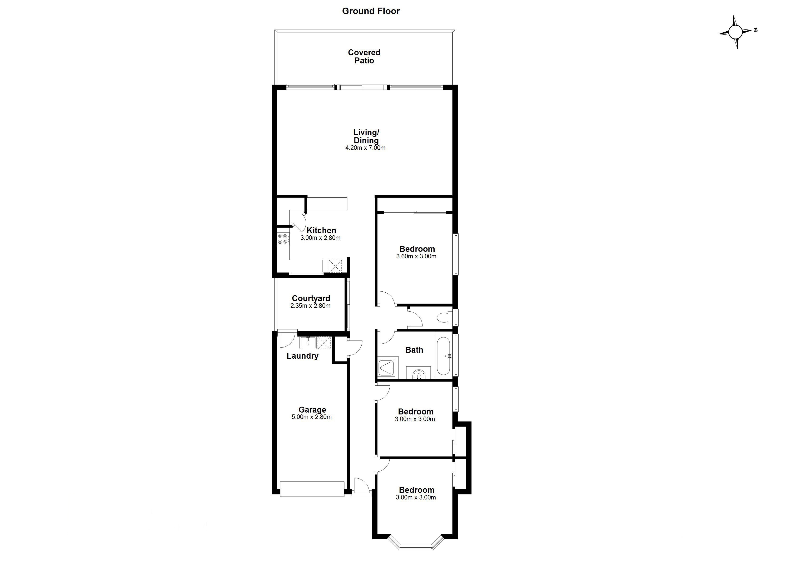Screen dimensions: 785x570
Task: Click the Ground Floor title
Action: [371, 11]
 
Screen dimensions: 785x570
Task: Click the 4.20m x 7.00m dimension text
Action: [365, 148]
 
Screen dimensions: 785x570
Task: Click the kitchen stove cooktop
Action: [283, 239]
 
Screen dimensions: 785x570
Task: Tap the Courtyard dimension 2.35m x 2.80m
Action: [310, 306]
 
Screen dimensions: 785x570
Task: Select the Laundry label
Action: [303, 356]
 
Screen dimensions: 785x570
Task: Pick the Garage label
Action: [312, 410]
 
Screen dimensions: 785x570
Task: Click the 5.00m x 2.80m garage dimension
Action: [312, 417]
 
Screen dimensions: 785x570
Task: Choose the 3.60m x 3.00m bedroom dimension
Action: [416, 256]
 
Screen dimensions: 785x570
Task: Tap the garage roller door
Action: [312, 489]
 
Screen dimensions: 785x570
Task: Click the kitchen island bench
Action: [327, 204]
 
